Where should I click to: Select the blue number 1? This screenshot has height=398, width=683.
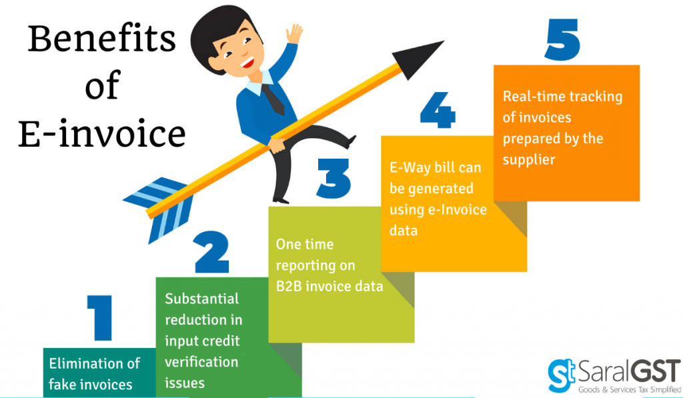point(100,317)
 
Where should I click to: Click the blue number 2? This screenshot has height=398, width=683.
point(211,252)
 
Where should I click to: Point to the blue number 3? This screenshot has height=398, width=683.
point(333,178)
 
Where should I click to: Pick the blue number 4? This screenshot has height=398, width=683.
point(438,110)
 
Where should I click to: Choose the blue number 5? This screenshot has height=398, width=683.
point(562,39)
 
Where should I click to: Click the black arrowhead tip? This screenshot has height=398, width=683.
point(444,41)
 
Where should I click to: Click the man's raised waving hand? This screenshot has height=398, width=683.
point(294,33)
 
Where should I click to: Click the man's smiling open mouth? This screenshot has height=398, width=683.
point(247,62)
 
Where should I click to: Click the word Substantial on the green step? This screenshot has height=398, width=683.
point(201,298)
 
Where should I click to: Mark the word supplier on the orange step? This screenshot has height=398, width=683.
point(529,160)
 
